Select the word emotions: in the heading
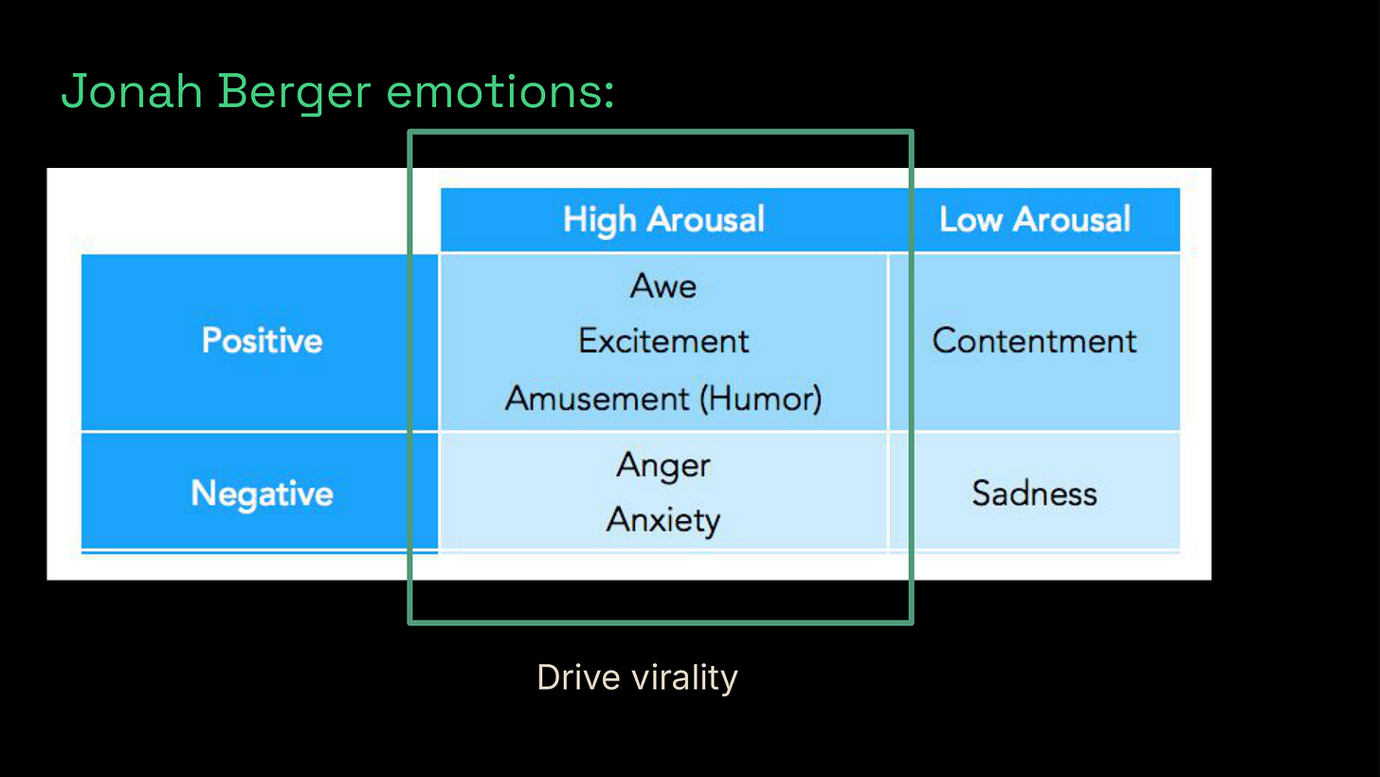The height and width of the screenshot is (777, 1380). tap(501, 92)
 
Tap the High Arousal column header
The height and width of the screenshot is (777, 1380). tap(663, 219)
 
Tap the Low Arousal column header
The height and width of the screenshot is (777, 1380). tap(1034, 219)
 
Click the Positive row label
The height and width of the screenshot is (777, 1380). tap(262, 341)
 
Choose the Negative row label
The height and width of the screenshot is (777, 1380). tap(262, 493)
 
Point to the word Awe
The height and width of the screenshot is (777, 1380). tap(663, 286)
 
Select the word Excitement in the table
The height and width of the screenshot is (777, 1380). tap(663, 341)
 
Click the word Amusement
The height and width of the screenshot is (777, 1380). tap(597, 398)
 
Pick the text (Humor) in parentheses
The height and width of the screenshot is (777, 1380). tap(760, 398)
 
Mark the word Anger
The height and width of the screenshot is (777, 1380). tap(663, 465)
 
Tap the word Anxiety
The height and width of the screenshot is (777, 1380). tap(663, 520)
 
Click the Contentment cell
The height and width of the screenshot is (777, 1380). tap(1034, 341)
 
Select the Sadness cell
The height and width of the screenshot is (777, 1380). tap(1034, 493)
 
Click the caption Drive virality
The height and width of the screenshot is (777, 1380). tap(637, 677)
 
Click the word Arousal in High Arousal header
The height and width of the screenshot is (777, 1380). tap(706, 219)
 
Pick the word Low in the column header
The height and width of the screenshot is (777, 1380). tap(971, 219)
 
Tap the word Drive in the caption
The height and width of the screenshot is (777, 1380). tap(576, 677)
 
